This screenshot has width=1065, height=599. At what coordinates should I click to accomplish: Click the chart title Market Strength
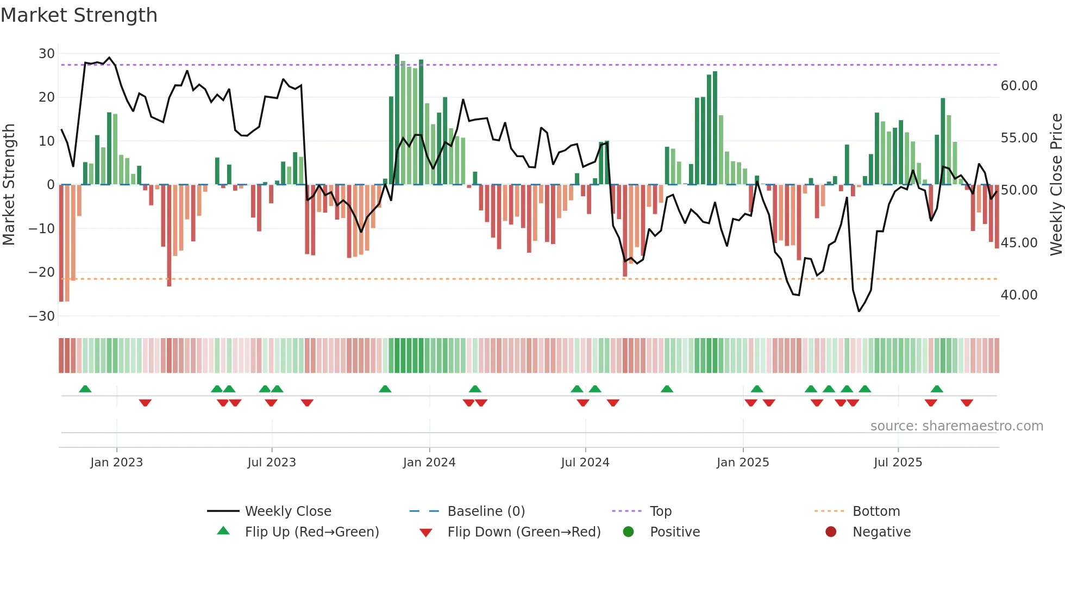pos(79,15)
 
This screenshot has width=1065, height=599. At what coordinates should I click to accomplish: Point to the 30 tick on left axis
pos(47,54)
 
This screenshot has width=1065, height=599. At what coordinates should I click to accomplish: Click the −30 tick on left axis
pos(42,316)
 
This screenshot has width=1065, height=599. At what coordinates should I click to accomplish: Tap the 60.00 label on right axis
pos(1019,86)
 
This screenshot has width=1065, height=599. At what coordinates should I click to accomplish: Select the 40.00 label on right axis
pos(1019,295)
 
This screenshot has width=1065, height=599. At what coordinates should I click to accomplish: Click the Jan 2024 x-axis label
pos(429,463)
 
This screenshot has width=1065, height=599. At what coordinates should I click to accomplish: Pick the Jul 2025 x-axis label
pos(898,463)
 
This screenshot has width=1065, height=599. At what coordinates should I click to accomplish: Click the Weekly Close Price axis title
pos(1056,185)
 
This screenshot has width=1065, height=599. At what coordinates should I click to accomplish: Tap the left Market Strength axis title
pos(9,185)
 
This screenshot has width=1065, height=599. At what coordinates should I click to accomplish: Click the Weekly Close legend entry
pos(287,511)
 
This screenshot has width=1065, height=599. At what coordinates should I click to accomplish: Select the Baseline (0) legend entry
pos(486,511)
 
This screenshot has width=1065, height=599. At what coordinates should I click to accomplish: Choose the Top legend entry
pos(660,511)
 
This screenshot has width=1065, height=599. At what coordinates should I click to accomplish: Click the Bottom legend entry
pos(876,511)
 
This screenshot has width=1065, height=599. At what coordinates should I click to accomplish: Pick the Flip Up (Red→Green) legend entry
pos(311,532)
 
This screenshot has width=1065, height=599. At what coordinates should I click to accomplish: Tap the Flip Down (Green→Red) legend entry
pos(524,532)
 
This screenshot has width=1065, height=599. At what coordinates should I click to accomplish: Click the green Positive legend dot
pos(628,532)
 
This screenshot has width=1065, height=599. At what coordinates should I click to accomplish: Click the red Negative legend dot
pos(830,532)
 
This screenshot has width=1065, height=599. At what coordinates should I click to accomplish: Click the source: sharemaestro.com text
pos(956,426)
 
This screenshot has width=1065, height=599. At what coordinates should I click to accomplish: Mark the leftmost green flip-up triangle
pos(85,389)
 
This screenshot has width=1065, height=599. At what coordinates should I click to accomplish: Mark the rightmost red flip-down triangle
pos(966,403)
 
